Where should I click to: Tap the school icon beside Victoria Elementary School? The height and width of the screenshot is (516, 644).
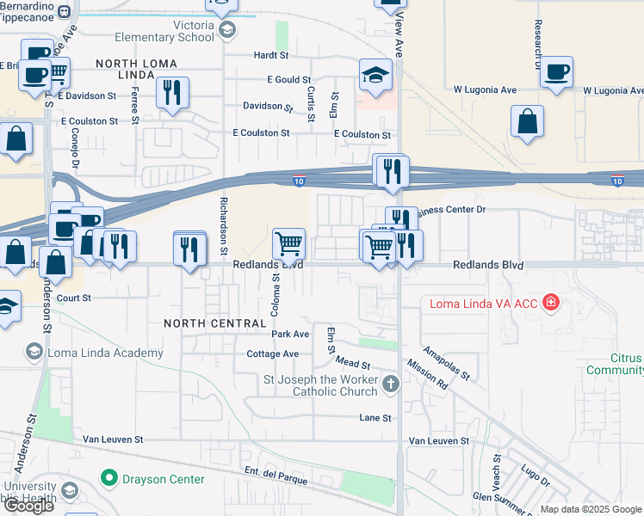(x=227, y=32)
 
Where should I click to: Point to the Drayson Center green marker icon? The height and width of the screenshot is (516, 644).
(x=108, y=478)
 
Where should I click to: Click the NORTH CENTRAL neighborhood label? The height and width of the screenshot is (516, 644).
(x=215, y=323)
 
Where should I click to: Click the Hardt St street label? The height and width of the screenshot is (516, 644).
(x=270, y=55)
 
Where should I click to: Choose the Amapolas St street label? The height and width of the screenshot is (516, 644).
(x=445, y=363)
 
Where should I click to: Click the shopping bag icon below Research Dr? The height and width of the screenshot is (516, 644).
(x=527, y=122)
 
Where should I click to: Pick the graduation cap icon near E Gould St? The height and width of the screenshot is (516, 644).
(x=375, y=76)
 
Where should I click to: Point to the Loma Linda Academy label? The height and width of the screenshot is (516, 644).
(x=106, y=353)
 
